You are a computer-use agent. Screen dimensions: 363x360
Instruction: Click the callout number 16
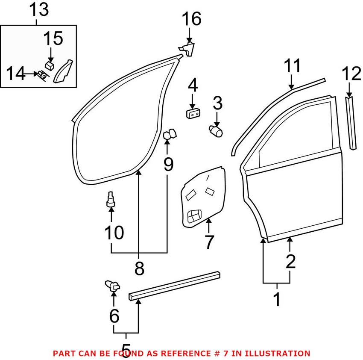pyautogui.click(x=191, y=19)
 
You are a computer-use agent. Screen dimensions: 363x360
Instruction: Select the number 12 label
pyautogui.click(x=351, y=75)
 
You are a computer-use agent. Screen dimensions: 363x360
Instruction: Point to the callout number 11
pyautogui.click(x=293, y=66)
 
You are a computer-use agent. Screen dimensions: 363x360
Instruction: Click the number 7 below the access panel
pyautogui.click(x=209, y=242)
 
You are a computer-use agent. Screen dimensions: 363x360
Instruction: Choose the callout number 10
pyautogui.click(x=114, y=233)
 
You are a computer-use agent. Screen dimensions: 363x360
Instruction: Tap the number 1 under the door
pyautogui.click(x=277, y=299)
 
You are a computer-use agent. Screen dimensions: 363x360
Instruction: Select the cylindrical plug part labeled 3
pyautogui.click(x=217, y=129)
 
